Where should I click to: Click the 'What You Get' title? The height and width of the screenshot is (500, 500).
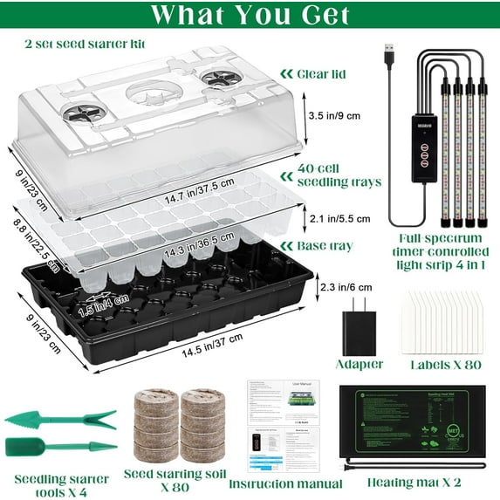click(250, 15)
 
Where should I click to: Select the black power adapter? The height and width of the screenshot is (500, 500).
click(359, 326)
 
